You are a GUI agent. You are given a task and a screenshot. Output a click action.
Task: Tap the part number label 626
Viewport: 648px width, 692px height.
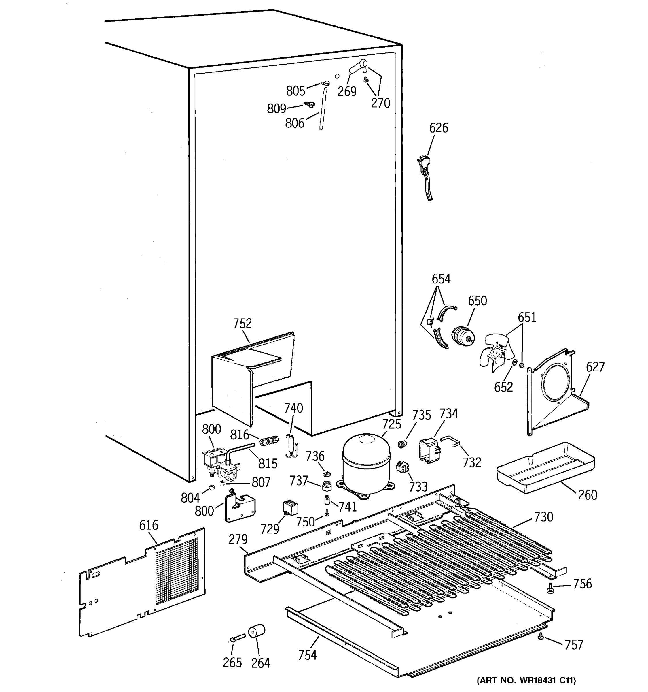point(438,128)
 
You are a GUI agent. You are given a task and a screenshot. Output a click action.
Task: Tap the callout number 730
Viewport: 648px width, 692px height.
point(543,517)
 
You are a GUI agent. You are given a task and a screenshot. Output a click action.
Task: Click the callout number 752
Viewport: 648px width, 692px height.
point(242,324)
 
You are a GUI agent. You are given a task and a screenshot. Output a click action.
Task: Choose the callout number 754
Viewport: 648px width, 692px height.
point(307,655)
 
